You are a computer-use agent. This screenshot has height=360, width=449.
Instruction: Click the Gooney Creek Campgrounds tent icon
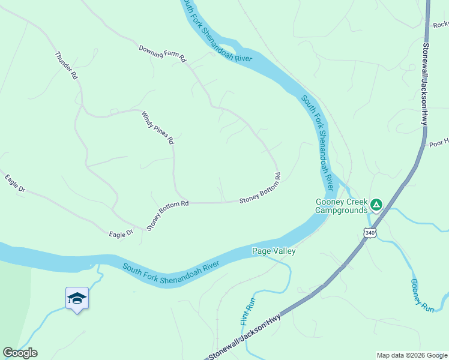[x=376, y=205]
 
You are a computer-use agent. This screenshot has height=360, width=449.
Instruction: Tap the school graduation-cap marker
[x=77, y=298]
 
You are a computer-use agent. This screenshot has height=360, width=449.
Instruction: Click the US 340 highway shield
[x=369, y=233]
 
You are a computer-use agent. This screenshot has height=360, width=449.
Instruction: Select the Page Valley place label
[x=274, y=251]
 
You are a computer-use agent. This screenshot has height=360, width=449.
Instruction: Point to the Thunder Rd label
[x=66, y=66]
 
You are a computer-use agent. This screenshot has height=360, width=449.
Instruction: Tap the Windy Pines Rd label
[x=158, y=127]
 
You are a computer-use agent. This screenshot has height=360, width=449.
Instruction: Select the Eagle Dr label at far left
[x=14, y=184]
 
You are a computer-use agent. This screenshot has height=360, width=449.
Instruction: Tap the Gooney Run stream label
[x=423, y=295]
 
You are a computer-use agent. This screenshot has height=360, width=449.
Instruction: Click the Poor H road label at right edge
[x=438, y=143]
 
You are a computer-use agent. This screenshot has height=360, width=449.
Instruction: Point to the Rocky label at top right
[x=440, y=25]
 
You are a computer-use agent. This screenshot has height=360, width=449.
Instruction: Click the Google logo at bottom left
[x=20, y=353]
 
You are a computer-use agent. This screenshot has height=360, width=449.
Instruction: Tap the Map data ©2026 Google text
[x=411, y=355]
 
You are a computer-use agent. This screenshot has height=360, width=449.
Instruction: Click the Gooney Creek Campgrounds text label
[x=342, y=206]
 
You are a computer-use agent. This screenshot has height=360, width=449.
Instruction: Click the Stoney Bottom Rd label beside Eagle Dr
[x=168, y=215]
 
